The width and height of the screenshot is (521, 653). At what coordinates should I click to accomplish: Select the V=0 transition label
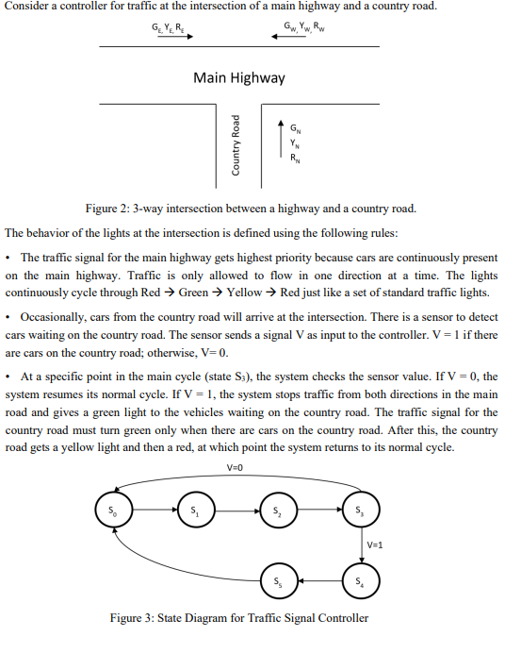click(236, 469)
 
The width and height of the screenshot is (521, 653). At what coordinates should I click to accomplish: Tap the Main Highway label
click(238, 77)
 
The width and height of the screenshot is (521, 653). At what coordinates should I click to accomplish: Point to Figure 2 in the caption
click(109, 208)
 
